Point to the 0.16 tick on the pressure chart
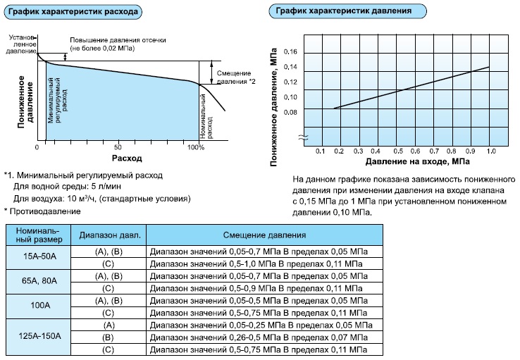click(x=290, y=52)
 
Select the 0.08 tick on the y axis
click(x=290, y=112)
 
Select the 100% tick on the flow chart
click(x=196, y=147)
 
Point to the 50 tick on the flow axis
click(x=118, y=147)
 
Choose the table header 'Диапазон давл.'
click(x=110, y=235)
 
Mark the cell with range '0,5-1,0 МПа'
click(x=261, y=263)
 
